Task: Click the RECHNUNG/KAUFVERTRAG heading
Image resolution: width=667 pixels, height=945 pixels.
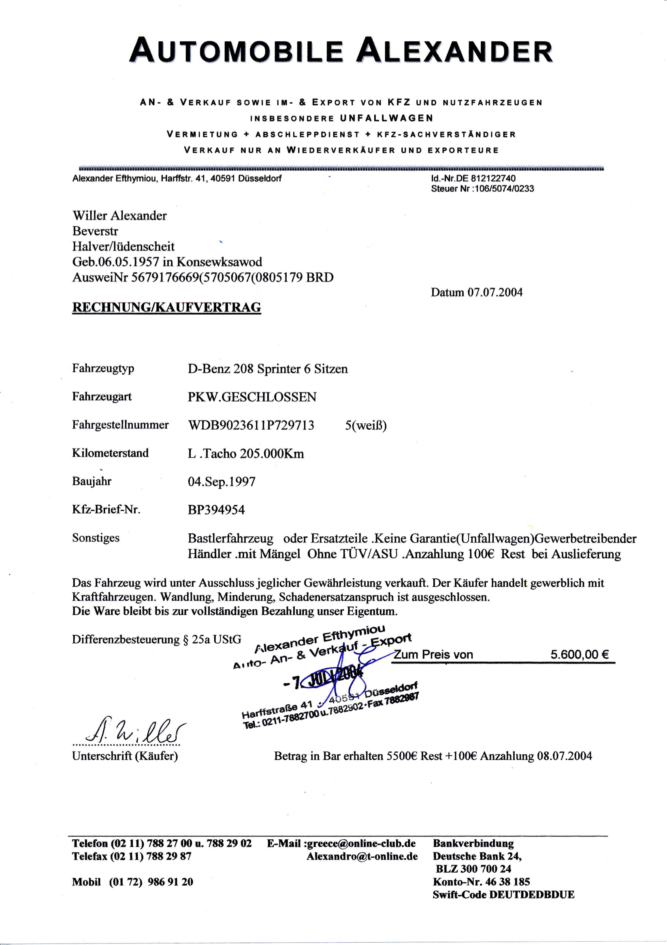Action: (166, 308)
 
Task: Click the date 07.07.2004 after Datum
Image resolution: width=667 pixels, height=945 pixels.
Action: (495, 292)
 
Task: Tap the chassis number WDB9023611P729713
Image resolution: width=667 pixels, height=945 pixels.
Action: (251, 425)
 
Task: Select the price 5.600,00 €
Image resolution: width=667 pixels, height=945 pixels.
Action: (580, 655)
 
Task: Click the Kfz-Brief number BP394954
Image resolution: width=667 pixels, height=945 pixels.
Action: (216, 510)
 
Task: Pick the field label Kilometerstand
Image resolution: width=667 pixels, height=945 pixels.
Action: (110, 453)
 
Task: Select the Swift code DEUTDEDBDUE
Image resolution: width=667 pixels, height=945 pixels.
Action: (533, 895)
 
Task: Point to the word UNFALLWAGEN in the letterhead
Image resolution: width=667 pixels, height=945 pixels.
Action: (387, 119)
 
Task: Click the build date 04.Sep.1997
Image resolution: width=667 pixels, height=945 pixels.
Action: (222, 482)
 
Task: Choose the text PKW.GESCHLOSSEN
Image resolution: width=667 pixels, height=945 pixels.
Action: (252, 397)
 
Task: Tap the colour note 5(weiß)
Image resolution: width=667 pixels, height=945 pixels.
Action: (366, 425)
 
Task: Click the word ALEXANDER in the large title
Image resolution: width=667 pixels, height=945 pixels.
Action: (455, 52)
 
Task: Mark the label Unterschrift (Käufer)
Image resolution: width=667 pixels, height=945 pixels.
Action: (125, 756)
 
